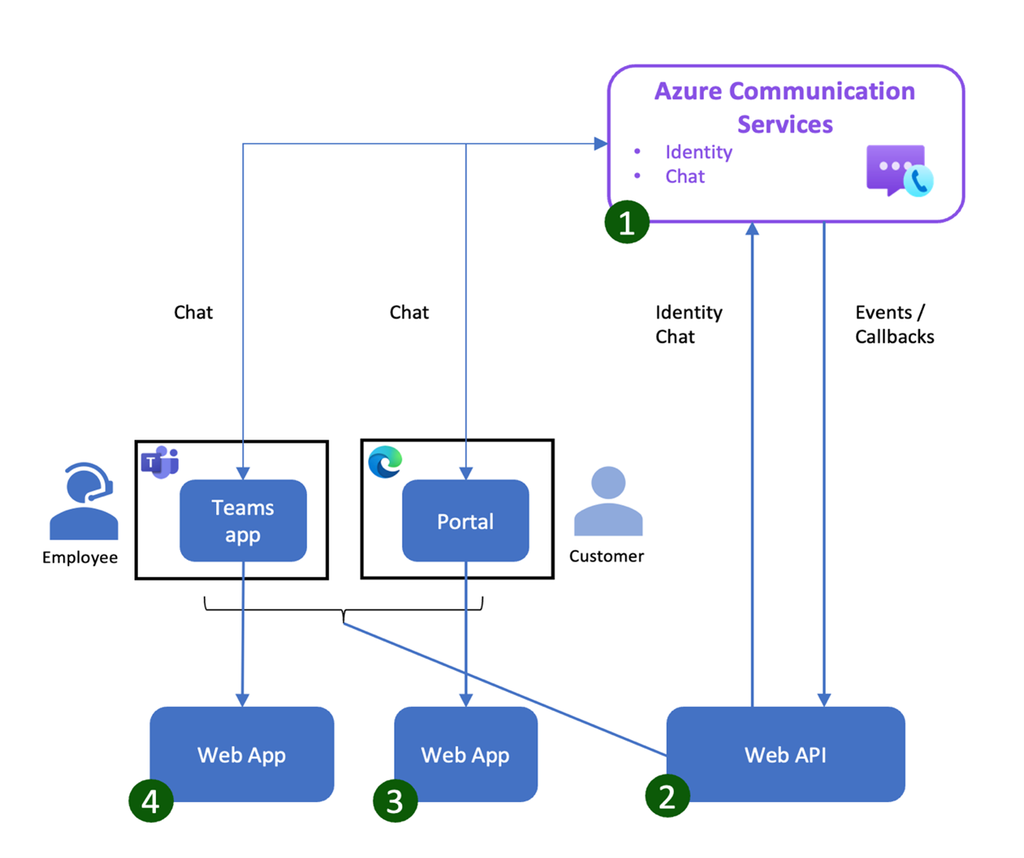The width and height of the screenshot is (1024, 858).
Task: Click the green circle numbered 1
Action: [627, 223]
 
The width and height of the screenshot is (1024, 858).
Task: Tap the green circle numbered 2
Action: [667, 796]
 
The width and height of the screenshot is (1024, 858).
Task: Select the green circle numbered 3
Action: [395, 801]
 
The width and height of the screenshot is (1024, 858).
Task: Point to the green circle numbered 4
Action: [150, 801]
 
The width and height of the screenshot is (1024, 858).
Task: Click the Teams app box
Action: [243, 521]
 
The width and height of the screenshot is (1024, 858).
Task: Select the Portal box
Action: [466, 521]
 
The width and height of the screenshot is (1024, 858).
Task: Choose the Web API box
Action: [785, 754]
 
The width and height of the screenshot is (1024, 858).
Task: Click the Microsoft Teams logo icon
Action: [160, 462]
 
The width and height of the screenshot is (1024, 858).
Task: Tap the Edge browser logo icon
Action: [385, 462]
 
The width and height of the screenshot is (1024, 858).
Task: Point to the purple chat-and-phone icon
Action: [899, 170]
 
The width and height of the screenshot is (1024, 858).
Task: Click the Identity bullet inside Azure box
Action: [698, 152]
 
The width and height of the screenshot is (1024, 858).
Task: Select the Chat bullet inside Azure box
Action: [685, 176]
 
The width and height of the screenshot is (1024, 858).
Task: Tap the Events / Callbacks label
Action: [894, 324]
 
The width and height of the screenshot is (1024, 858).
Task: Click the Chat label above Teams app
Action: [193, 312]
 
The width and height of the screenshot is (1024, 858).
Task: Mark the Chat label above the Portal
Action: [409, 312]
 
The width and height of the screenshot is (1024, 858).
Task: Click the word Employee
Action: [80, 558]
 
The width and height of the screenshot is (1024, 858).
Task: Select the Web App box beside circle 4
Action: [241, 754]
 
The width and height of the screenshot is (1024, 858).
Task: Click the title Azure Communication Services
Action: [785, 108]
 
